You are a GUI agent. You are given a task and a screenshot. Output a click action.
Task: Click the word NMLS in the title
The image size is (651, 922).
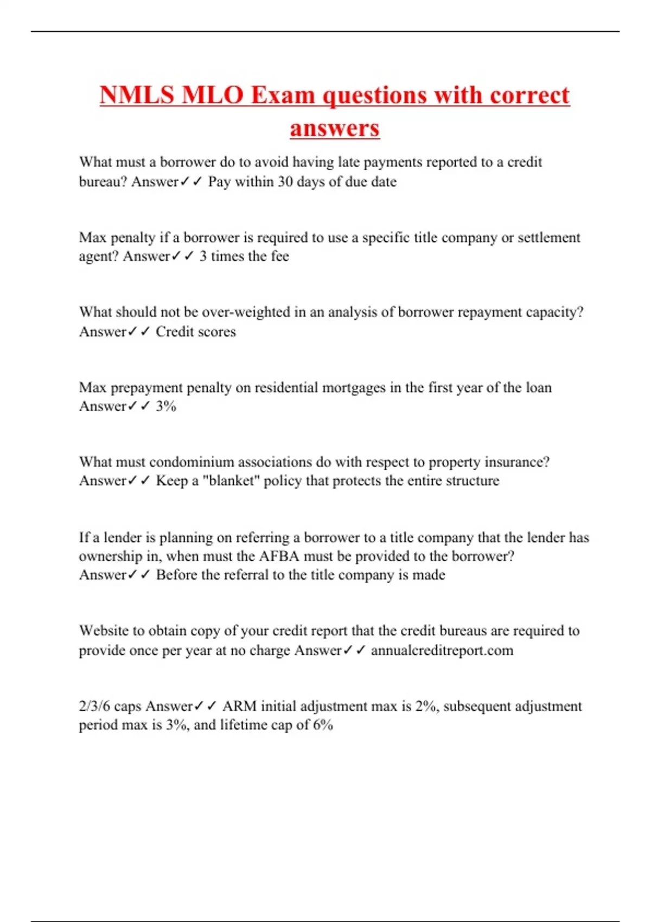click(136, 95)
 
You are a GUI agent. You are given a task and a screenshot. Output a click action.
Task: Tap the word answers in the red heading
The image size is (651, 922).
click(335, 129)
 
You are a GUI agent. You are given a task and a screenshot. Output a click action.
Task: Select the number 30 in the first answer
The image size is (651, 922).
click(285, 182)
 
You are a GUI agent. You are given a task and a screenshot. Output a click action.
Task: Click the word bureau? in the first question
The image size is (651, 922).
click(103, 182)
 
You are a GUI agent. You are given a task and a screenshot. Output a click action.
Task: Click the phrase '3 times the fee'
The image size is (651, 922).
click(244, 256)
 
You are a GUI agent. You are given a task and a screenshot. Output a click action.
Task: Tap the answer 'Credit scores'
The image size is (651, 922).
click(196, 331)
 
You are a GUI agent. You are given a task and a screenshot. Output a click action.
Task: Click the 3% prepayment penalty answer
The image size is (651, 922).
click(166, 406)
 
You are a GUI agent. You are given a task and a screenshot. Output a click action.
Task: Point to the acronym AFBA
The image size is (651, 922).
click(279, 556)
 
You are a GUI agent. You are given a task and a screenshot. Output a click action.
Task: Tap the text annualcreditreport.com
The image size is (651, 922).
click(442, 650)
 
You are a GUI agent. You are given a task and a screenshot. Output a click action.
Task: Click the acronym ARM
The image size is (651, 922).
click(239, 706)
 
